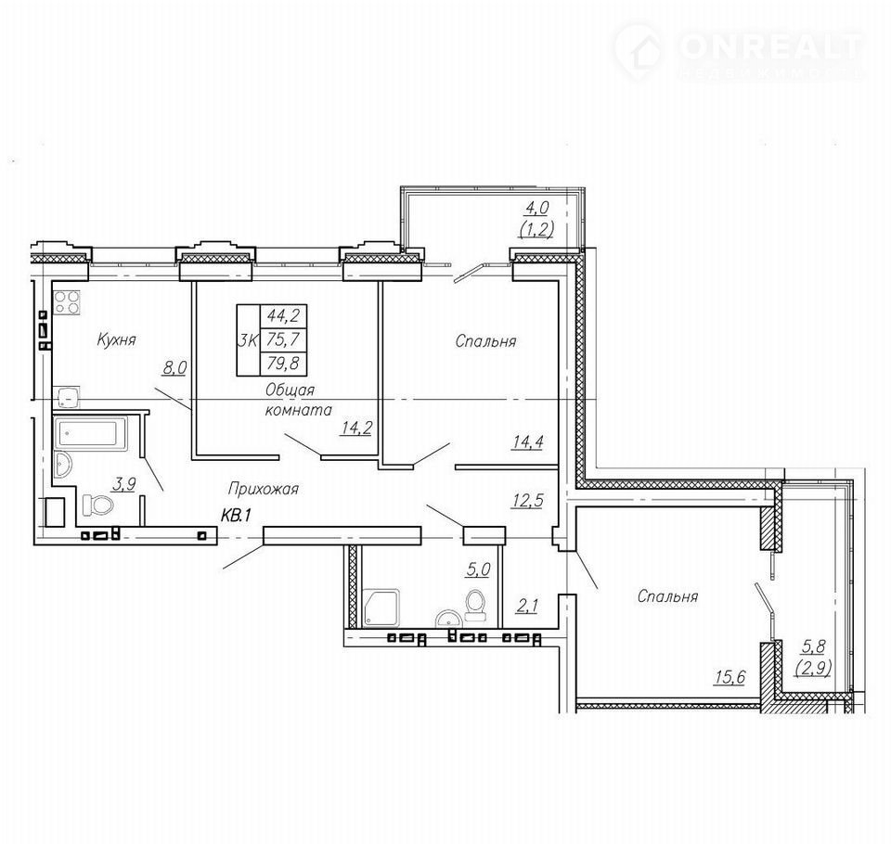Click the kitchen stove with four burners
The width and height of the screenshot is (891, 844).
click(67, 301)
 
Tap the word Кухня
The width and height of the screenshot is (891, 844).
click(117, 339)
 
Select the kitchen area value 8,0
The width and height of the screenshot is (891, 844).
click(175, 368)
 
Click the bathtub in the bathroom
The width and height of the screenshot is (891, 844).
click(92, 434)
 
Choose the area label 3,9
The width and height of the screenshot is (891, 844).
click(124, 484)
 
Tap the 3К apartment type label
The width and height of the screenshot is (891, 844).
click(248, 339)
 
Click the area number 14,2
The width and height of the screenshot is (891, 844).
click(356, 428)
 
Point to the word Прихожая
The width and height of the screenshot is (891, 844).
click(263, 488)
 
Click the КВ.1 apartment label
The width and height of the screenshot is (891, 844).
click(236, 515)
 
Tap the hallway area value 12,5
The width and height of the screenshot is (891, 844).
click(527, 501)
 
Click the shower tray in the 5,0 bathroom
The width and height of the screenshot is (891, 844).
click(381, 607)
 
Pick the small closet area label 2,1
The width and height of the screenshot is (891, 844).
click(527, 606)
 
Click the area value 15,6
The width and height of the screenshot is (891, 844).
click(730, 676)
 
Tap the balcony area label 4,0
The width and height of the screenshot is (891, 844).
click(537, 208)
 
